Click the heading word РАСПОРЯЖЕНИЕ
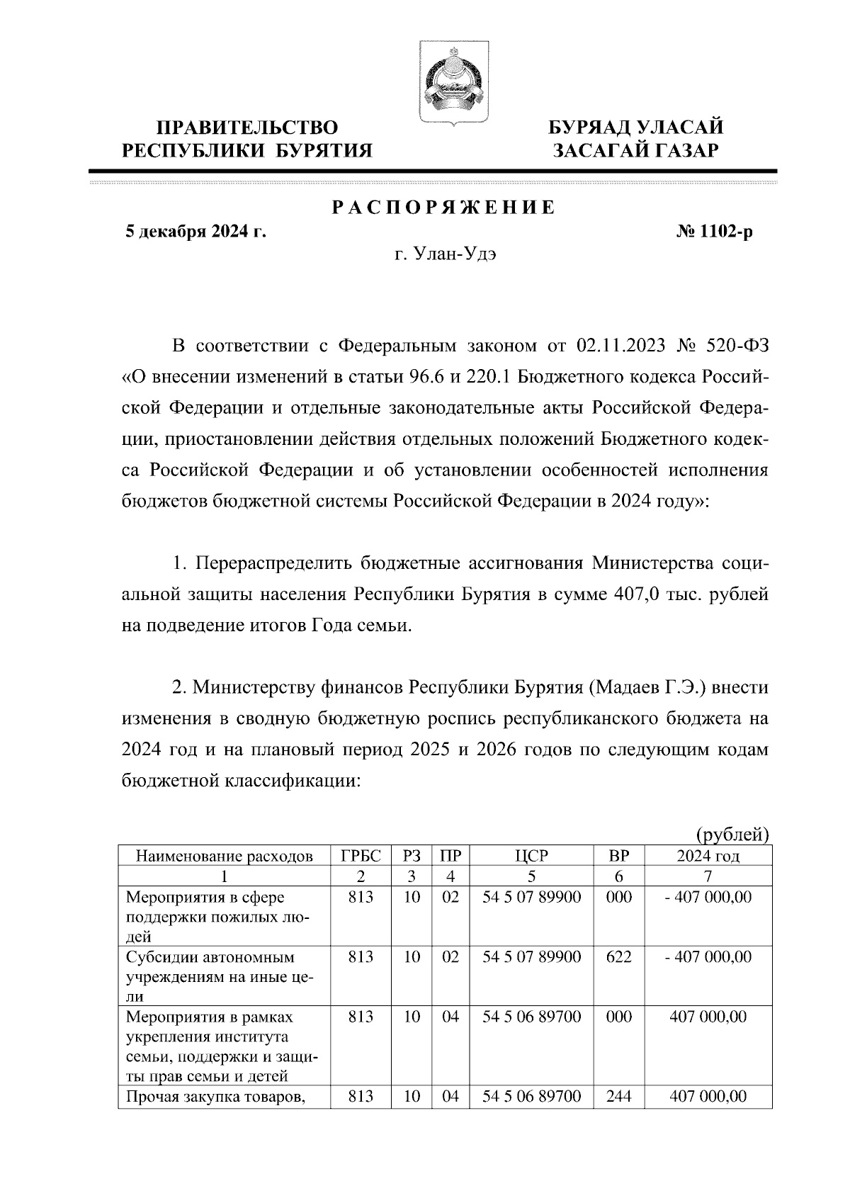coord(443,208)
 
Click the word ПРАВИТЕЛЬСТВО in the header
coord(246,128)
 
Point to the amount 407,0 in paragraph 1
coord(635,594)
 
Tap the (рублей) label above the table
coord(733,834)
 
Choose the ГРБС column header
coord(361,856)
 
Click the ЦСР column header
coord(531,856)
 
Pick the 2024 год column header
coord(708,856)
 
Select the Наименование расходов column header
coord(224,856)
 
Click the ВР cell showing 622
coord(618,957)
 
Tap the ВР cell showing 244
coord(618,1097)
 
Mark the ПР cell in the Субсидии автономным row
coord(450,957)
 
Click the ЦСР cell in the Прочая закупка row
coord(531,1097)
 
